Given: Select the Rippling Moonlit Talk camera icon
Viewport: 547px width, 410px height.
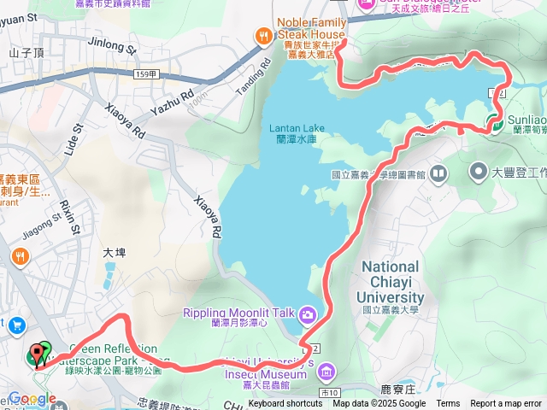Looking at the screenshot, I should click(306, 313).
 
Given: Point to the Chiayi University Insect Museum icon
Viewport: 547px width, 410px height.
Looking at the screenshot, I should click(332, 370).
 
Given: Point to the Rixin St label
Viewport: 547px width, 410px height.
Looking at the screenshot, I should click(70, 217).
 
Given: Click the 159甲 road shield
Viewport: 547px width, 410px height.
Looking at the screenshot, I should click(145, 75).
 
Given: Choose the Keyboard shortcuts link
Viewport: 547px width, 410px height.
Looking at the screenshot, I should click(285, 404).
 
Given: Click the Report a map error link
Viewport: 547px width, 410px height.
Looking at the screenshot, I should click(506, 404).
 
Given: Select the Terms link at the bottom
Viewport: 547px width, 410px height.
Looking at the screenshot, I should click(448, 404).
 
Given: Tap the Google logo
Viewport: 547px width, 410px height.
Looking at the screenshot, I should click(32, 399).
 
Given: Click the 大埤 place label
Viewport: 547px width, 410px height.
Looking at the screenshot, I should click(114, 253).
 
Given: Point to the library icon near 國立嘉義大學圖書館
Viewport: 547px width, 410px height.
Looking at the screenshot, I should click(439, 174).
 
